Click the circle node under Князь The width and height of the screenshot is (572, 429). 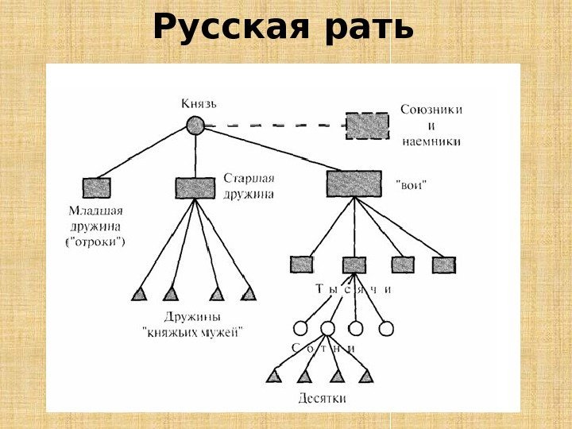click(195, 126)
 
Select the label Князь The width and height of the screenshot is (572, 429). click(199, 103)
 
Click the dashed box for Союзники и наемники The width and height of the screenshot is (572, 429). click(368, 126)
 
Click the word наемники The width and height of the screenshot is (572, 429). click(431, 141)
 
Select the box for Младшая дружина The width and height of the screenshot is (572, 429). click(96, 187)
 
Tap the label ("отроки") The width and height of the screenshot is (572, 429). click(95, 242)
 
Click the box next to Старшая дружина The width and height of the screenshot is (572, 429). click(195, 187)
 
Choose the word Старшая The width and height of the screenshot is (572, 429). click(248, 178)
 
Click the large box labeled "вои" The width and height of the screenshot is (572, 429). click(354, 184)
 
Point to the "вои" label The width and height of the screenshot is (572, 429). click(411, 184)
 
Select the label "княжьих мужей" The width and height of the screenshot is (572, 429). click(192, 334)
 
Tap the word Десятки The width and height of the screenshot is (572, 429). click(322, 396)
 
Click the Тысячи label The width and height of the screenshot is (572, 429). click(354, 289)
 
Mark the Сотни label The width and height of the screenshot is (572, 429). click(323, 348)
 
